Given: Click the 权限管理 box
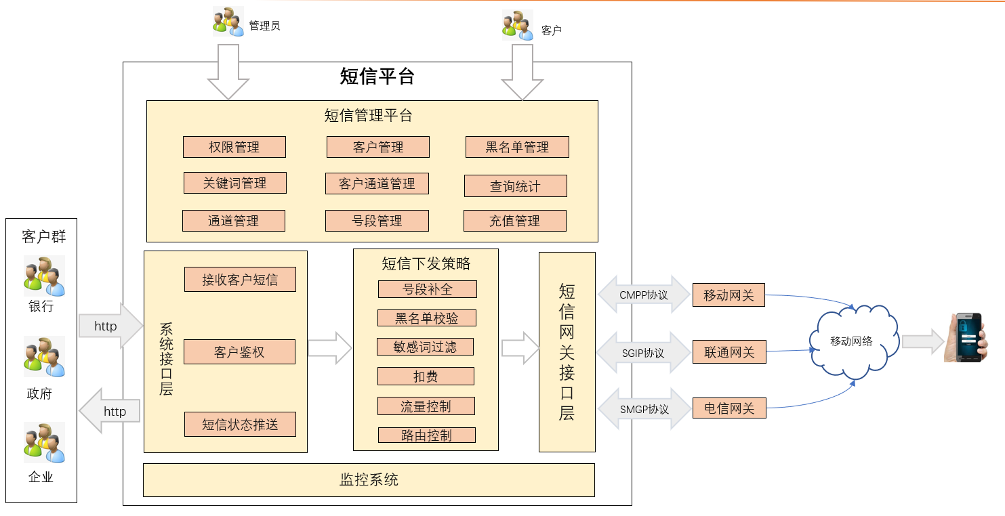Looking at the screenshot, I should [x=234, y=147].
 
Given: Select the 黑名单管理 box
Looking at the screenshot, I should [x=517, y=147].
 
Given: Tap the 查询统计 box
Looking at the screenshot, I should [x=515, y=186].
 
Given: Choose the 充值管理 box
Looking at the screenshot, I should [x=514, y=221].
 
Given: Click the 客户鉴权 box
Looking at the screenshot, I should [x=239, y=352].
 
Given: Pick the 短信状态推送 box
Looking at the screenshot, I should [x=240, y=425].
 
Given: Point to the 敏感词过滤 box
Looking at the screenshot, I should [x=425, y=347].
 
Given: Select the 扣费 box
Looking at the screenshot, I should [x=425, y=377].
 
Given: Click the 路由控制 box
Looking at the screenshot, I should [x=426, y=435].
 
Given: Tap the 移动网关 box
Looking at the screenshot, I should [x=729, y=295].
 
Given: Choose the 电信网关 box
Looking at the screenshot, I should [x=729, y=408].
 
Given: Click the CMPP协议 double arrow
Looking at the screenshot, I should [x=644, y=295].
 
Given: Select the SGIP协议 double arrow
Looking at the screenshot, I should [x=643, y=353].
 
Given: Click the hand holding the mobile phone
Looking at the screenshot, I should [x=964, y=337].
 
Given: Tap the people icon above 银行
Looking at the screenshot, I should [x=45, y=276].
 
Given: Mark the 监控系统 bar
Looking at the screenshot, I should [x=369, y=480].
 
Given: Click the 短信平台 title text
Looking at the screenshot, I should [x=377, y=77].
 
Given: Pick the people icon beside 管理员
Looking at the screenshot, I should [x=228, y=22].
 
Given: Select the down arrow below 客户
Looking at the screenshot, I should [x=522, y=72].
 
